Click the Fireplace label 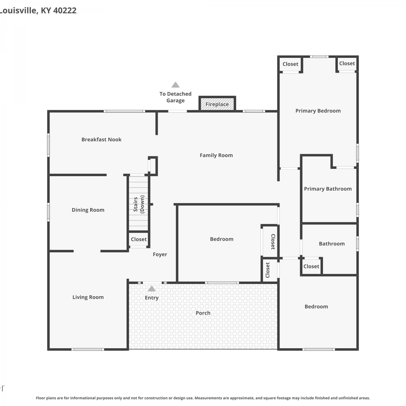click(x=217, y=104)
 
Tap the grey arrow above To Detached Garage click(x=175, y=85)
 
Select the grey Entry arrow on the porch click(x=152, y=289)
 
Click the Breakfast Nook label click(x=101, y=139)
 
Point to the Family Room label click(x=216, y=155)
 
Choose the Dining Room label click(x=88, y=210)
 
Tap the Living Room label click(x=88, y=297)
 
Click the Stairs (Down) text click(x=139, y=204)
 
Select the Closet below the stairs click(x=139, y=239)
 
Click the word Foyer click(x=160, y=254)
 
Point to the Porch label click(x=203, y=313)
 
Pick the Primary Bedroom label click(x=318, y=111)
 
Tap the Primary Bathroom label click(x=328, y=189)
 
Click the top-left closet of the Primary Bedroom click(x=290, y=64)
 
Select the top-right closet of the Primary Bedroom click(x=347, y=63)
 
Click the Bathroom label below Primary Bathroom click(x=332, y=244)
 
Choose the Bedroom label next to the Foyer click(x=222, y=239)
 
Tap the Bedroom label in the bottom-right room click(x=316, y=307)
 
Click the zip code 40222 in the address click(x=65, y=11)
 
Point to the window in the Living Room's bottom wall click(x=88, y=349)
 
